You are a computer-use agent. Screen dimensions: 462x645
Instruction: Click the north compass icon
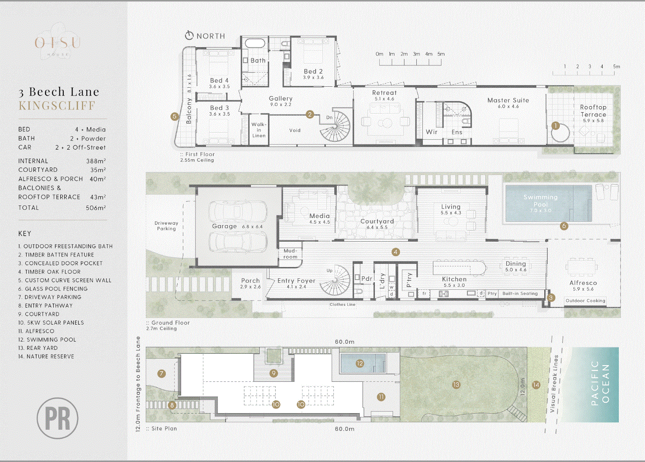point(189,35)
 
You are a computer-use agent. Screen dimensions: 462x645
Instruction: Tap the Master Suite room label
point(508,100)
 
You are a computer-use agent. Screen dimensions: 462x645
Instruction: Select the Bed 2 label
point(313,72)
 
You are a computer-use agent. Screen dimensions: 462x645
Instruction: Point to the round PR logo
point(58,418)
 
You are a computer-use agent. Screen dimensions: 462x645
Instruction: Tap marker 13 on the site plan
point(456,385)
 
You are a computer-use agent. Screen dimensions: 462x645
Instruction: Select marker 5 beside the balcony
point(175,116)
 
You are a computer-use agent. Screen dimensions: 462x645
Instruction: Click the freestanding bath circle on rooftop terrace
point(560,133)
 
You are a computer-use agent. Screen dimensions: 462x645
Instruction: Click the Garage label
point(224,226)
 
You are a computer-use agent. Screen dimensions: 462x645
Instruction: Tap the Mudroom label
point(290,254)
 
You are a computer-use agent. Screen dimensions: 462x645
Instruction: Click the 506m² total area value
point(96,208)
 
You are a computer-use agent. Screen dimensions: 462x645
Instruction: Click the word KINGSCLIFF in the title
point(57,106)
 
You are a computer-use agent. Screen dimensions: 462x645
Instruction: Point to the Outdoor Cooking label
point(585,301)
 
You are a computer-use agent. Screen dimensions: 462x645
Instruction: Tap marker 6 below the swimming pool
point(564,226)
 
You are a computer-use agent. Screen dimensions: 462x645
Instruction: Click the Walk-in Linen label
point(259,130)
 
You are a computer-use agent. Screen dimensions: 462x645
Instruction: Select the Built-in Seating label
point(520,294)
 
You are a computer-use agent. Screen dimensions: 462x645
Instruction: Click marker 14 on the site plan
point(536,385)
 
